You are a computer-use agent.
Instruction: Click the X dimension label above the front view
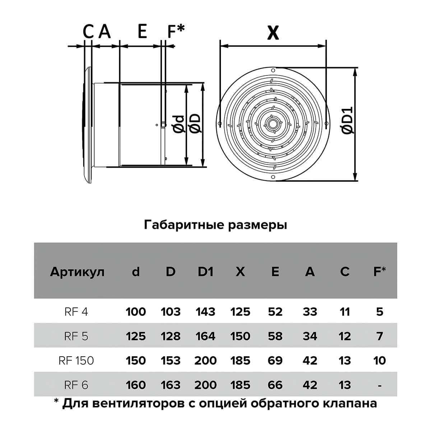273,33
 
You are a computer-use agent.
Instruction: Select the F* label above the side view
176,31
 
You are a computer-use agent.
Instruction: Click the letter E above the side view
142,31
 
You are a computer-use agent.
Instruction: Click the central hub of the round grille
273,124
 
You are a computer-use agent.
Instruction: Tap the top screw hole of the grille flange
273,70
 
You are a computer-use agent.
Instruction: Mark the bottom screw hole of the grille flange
273,177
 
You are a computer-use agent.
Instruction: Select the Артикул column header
77,272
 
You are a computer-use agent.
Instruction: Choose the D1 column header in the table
205,272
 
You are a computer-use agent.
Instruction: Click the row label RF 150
76,361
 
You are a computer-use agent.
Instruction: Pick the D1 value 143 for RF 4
205,311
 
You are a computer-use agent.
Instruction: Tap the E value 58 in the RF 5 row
275,336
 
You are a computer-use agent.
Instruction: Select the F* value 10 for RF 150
379,361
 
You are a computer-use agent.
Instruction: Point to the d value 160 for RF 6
136,385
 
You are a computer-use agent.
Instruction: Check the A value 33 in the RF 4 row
310,311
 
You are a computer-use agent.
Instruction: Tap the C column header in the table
345,272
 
